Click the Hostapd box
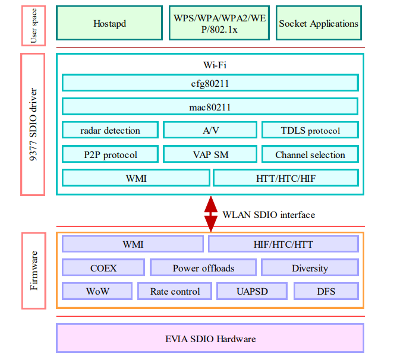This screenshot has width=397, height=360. (x=110, y=24)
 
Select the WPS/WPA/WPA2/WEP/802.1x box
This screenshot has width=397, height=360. (x=219, y=24)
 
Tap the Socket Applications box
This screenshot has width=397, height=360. (x=319, y=24)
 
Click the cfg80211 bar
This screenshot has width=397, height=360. (x=210, y=83)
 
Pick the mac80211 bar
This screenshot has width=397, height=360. (x=210, y=107)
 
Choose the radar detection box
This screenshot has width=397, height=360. (x=111, y=130)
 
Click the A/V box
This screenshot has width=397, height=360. (x=210, y=130)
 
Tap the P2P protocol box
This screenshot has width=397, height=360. (x=111, y=154)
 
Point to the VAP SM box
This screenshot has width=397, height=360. (x=210, y=154)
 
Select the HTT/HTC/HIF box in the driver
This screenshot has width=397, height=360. (x=286, y=178)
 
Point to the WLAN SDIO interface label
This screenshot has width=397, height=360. (x=269, y=214)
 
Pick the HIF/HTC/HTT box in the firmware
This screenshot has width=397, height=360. (x=283, y=244)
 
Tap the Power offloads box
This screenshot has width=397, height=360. (x=203, y=268)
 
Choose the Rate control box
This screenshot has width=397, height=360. (x=175, y=291)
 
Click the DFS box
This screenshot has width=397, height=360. (x=326, y=291)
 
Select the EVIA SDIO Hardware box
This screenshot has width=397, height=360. (x=210, y=339)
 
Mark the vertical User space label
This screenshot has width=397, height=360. (x=33, y=25)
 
